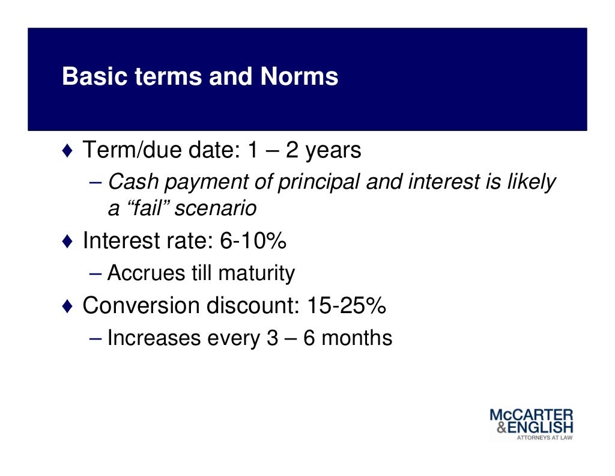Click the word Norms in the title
pyautogui.click(x=299, y=77)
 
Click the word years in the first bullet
pyautogui.click(x=333, y=151)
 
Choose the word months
pyautogui.click(x=357, y=338)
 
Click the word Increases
pyautogui.click(x=153, y=338)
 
